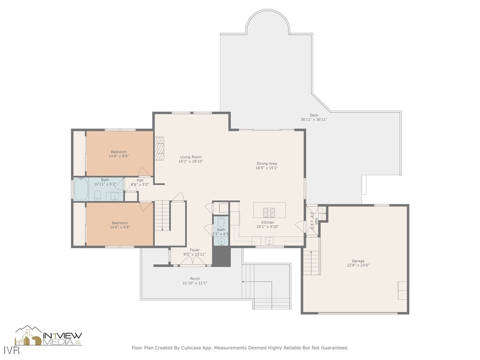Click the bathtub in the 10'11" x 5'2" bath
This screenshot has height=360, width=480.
(x=81, y=189)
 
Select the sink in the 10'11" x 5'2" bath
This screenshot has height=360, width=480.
(x=115, y=196)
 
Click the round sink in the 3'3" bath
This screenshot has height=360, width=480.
(x=221, y=241)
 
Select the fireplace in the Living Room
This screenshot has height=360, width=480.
(x=160, y=149)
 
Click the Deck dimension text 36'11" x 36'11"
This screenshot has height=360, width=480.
(x=314, y=120)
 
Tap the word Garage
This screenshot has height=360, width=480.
(x=358, y=261)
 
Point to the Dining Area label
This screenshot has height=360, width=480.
(x=266, y=164)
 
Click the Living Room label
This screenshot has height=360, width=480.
(x=191, y=157)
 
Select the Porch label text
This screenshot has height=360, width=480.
(x=195, y=279)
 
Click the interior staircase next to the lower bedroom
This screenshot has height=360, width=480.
(x=162, y=216)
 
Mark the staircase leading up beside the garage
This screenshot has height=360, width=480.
(x=311, y=262)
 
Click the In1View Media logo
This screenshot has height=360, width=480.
(x=49, y=336)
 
